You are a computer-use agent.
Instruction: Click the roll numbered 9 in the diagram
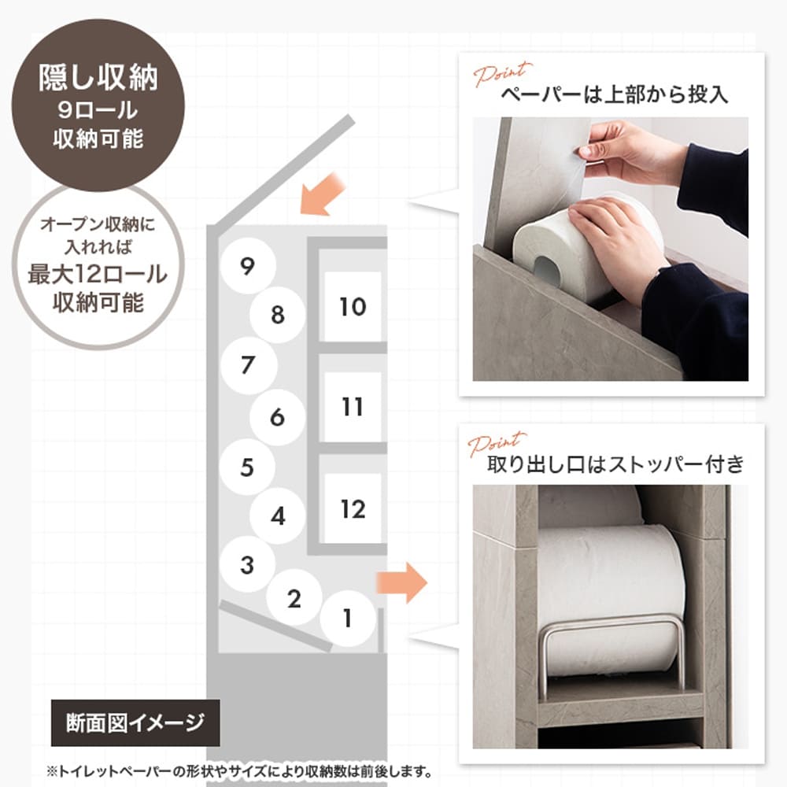[247, 266]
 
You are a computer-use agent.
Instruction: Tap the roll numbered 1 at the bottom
[348, 618]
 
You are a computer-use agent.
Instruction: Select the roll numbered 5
[247, 467]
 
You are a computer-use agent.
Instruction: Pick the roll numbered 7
[249, 365]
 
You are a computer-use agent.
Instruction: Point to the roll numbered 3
[247, 564]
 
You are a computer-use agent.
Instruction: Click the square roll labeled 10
[353, 307]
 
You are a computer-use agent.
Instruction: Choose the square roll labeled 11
[353, 407]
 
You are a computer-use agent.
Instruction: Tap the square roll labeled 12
[353, 508]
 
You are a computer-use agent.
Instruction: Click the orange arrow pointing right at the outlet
[402, 582]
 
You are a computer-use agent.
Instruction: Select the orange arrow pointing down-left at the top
[321, 194]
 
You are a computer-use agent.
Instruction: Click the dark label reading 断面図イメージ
[135, 722]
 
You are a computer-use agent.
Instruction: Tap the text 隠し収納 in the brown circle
[98, 78]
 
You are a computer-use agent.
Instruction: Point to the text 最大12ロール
[98, 274]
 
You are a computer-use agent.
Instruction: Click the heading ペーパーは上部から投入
[615, 94]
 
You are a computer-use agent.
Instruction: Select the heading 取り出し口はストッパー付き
[615, 464]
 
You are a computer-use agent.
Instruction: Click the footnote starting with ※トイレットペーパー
[239, 770]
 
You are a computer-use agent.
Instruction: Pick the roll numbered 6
[278, 417]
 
